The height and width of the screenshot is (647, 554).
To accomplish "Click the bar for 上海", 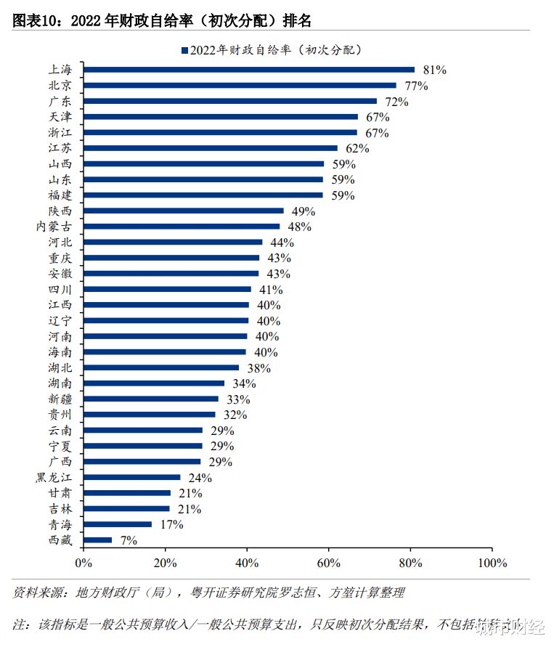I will [x=249, y=70].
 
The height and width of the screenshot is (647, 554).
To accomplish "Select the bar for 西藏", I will [x=98, y=540].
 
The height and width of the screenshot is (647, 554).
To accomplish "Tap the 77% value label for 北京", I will [x=416, y=86].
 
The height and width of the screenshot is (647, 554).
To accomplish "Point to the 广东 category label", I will [x=60, y=102].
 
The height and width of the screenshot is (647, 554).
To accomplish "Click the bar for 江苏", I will [x=211, y=148].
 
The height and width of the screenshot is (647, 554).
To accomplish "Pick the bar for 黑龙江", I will [x=132, y=478].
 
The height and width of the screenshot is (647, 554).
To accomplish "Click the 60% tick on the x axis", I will [x=329, y=563].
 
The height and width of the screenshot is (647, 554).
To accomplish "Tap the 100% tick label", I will [x=492, y=563].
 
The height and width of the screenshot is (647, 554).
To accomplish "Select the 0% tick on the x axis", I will [x=83, y=563].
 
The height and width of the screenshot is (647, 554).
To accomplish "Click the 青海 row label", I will [x=60, y=524].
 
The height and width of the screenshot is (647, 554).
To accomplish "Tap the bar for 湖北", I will [x=161, y=367].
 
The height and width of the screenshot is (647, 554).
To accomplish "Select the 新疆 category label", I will [x=60, y=399].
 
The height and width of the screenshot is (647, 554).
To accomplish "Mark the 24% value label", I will [x=200, y=478].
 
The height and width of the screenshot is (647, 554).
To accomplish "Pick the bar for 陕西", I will [x=184, y=211].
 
